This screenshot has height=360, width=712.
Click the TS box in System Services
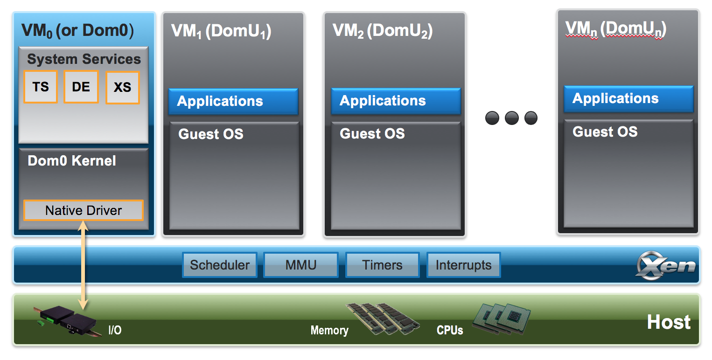(x=41, y=87)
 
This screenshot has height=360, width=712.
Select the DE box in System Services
(x=81, y=87)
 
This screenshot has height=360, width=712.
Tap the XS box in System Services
(x=123, y=87)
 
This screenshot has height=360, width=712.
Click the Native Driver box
(x=84, y=210)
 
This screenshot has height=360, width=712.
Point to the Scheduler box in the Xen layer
(x=220, y=265)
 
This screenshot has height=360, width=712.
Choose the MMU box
(x=301, y=265)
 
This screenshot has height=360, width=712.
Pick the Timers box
(x=383, y=265)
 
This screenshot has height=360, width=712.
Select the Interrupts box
(x=463, y=265)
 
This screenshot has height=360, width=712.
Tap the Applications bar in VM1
(x=233, y=101)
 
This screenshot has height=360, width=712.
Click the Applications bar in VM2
(x=396, y=101)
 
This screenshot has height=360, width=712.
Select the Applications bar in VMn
(x=628, y=98)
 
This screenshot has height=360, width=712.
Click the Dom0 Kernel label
(x=72, y=161)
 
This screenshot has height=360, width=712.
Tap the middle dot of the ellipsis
(x=511, y=118)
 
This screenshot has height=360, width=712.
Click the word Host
(x=669, y=322)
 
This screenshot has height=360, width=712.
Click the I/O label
(x=115, y=331)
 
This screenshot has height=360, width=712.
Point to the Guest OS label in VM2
(x=372, y=134)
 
